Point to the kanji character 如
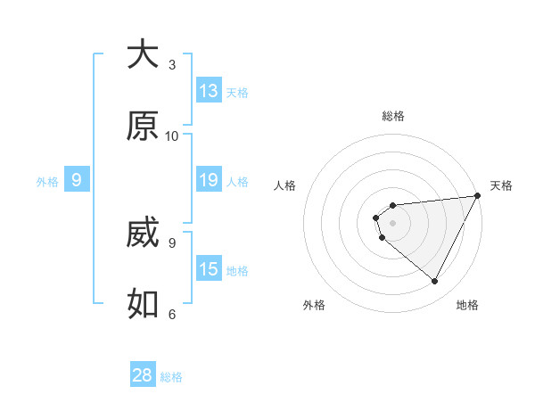coord(143,304)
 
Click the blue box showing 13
coord(209,90)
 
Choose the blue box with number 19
coord(209,180)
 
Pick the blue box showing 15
coord(209,269)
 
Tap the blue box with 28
coord(143,375)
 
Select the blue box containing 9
coord(77,180)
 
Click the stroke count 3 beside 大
coord(172,64)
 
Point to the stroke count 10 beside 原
coord(172,136)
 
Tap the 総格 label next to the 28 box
coord(171,377)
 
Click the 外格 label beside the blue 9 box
coord(47,182)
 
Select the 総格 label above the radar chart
coord(393,116)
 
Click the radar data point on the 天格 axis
coord(477,196)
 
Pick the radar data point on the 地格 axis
coord(435,282)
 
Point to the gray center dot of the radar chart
coord(393,222)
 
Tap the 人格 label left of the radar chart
coord(285,185)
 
